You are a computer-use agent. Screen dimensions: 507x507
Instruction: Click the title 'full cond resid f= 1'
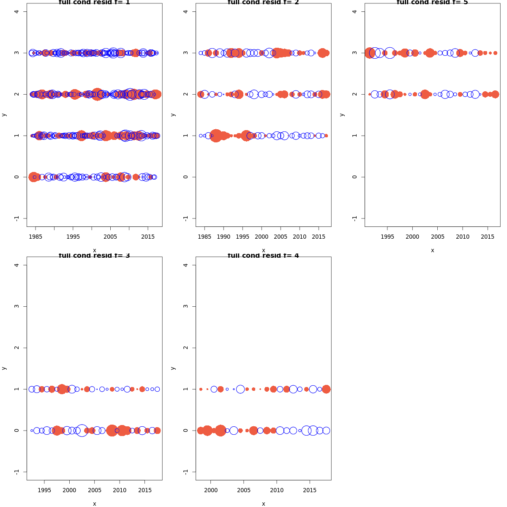coord(94,3)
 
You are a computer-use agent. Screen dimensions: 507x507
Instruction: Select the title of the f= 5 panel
coord(432,3)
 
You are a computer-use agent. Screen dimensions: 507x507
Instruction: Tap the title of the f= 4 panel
coord(263,256)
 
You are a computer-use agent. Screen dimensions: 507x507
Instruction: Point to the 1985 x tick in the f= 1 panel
coord(35,237)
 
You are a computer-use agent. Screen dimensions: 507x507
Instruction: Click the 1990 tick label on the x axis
coord(224,237)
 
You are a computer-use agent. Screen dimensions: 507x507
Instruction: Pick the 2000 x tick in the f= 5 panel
coord(412,237)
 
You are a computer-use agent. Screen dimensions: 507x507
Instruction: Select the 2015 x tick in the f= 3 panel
coord(145,490)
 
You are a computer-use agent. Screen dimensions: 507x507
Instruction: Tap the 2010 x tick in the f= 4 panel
coord(277,490)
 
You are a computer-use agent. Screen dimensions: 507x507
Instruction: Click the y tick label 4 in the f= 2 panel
coord(186,11)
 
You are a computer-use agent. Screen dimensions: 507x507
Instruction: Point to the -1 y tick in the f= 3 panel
coord(17,472)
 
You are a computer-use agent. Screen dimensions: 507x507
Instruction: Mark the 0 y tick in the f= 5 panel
coord(355,177)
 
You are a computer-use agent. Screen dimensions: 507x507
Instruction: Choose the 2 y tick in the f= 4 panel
coord(186,348)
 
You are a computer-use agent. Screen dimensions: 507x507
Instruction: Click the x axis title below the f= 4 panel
coord(263,504)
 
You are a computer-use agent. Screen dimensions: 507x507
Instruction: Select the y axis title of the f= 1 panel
coord(4,114)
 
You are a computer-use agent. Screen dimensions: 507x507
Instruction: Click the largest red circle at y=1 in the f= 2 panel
coord(216,136)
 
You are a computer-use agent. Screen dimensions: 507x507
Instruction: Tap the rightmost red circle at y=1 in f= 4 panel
coord(326,389)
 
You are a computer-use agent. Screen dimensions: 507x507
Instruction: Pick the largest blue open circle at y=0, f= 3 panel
coord(82,431)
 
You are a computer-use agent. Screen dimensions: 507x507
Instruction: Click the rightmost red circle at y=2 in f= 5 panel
coord(495,94)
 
